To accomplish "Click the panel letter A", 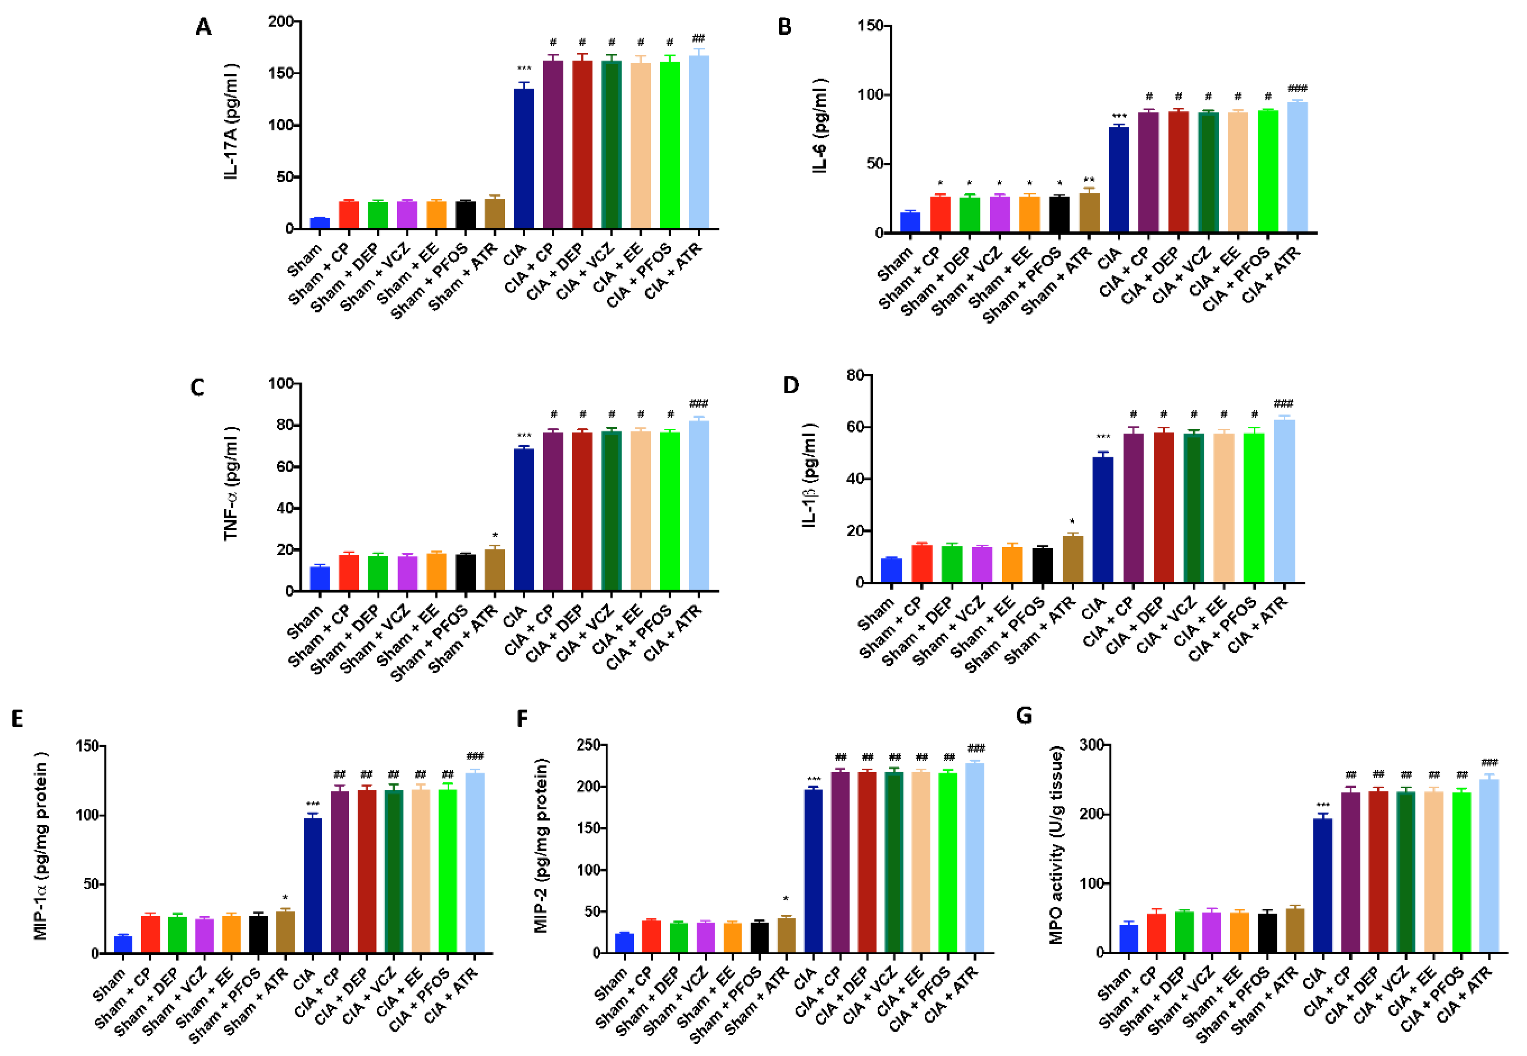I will (204, 27).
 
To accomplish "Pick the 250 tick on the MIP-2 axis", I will (587, 745).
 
